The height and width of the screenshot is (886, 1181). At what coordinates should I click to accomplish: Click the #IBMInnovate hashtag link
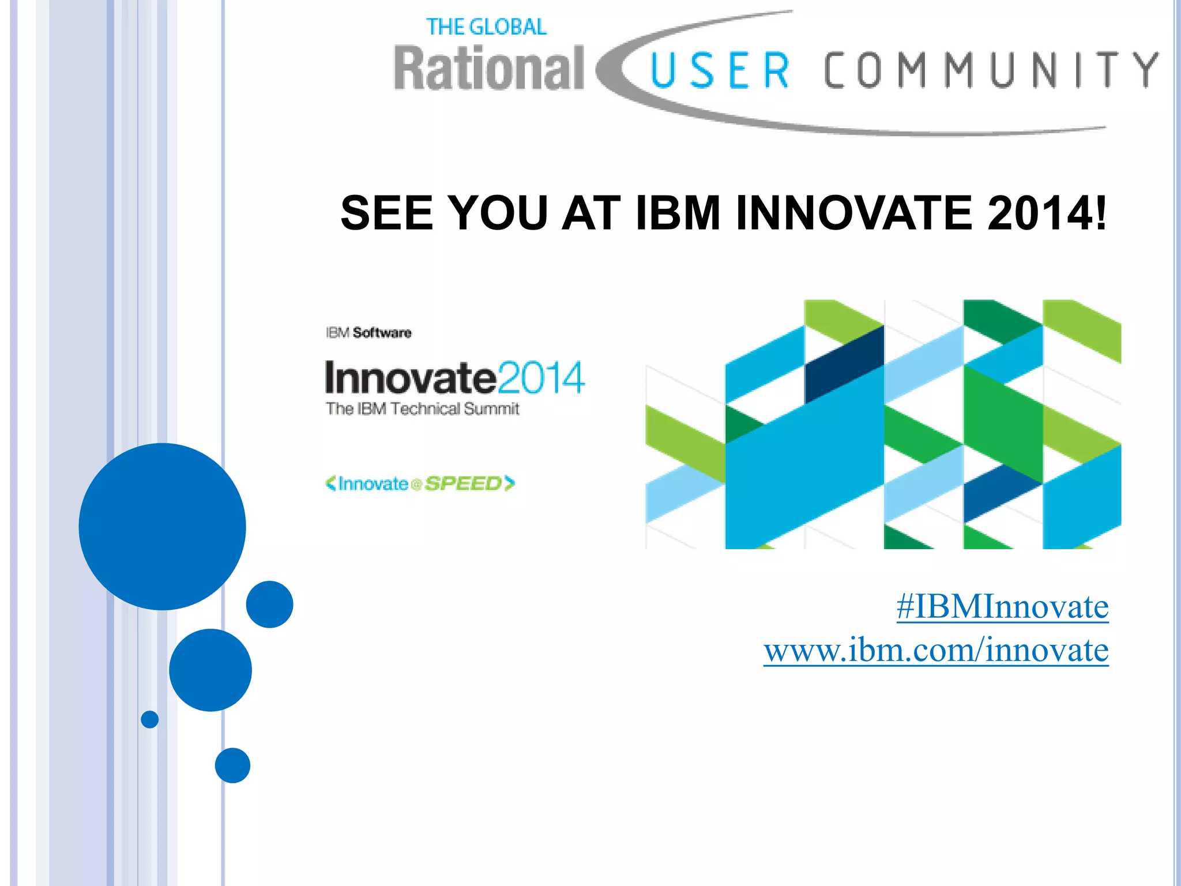pyautogui.click(x=1002, y=607)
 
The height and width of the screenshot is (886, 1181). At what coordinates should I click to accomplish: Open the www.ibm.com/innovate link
pyautogui.click(x=935, y=650)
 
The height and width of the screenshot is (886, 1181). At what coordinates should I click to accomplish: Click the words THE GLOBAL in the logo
pyautogui.click(x=486, y=27)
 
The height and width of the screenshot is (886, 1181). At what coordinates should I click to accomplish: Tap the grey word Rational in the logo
pyautogui.click(x=489, y=69)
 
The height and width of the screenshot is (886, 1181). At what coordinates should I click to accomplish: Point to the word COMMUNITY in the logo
pyautogui.click(x=990, y=70)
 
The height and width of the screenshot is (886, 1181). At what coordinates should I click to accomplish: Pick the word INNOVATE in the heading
pyautogui.click(x=854, y=213)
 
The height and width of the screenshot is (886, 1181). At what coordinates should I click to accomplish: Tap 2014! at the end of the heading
pyautogui.click(x=1047, y=213)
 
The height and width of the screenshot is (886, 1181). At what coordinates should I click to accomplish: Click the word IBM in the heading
pyautogui.click(x=678, y=213)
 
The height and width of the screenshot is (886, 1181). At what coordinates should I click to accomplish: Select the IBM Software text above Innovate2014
pyautogui.click(x=368, y=333)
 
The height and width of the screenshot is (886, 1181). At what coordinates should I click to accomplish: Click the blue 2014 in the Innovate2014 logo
pyautogui.click(x=540, y=378)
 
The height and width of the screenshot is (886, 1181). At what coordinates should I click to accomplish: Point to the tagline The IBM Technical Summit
pyautogui.click(x=422, y=409)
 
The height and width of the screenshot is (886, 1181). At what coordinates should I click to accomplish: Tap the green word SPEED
pyautogui.click(x=463, y=483)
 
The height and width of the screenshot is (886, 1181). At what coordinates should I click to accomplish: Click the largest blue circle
pyautogui.click(x=162, y=526)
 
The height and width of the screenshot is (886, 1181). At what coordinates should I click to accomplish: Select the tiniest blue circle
pyautogui.click(x=150, y=719)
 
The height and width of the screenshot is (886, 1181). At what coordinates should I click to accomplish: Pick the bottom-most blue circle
pyautogui.click(x=232, y=765)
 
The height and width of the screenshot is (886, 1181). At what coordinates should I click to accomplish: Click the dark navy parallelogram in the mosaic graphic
pyautogui.click(x=844, y=365)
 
